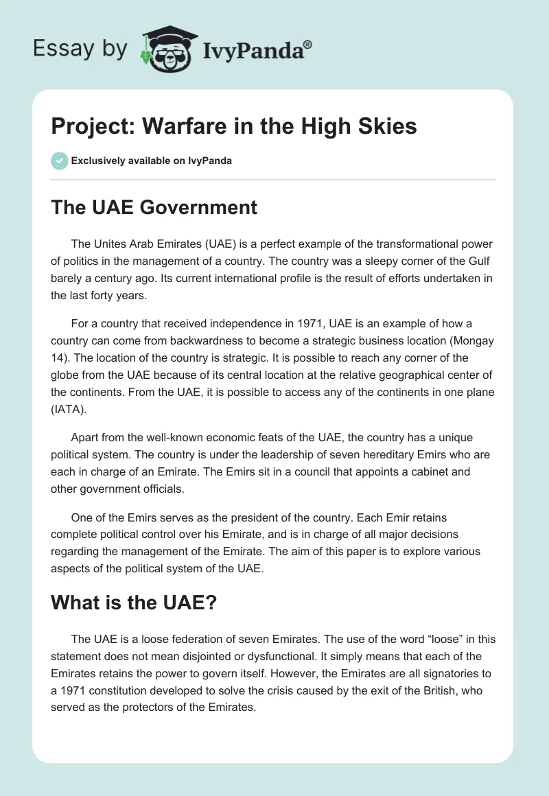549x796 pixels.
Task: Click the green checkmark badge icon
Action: click(x=60, y=161)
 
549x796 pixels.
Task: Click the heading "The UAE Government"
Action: click(x=154, y=207)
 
